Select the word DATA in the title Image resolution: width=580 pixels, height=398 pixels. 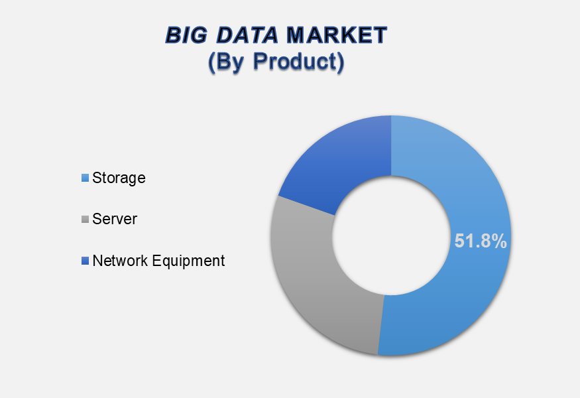pos(247,35)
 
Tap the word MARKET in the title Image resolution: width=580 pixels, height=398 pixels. pos(337,35)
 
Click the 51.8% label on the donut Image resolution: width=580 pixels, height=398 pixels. pos(481,241)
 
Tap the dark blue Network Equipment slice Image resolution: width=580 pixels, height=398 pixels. pos(344,159)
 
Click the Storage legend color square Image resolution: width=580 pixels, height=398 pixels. pos(85,178)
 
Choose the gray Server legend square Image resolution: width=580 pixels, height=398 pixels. pos(85,219)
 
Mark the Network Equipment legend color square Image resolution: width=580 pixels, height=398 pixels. pos(85,261)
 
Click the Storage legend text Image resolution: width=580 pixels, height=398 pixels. pos(119,178)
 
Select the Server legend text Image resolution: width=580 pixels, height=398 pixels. pos(115,219)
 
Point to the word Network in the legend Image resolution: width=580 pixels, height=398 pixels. pos(120,261)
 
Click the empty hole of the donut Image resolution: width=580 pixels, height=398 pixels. pos(391,236)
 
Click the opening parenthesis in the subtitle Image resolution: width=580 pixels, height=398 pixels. pos(211,62)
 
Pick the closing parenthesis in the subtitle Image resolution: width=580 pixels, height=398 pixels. pos(340,62)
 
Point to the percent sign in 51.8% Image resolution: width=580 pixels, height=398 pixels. pos(499,241)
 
